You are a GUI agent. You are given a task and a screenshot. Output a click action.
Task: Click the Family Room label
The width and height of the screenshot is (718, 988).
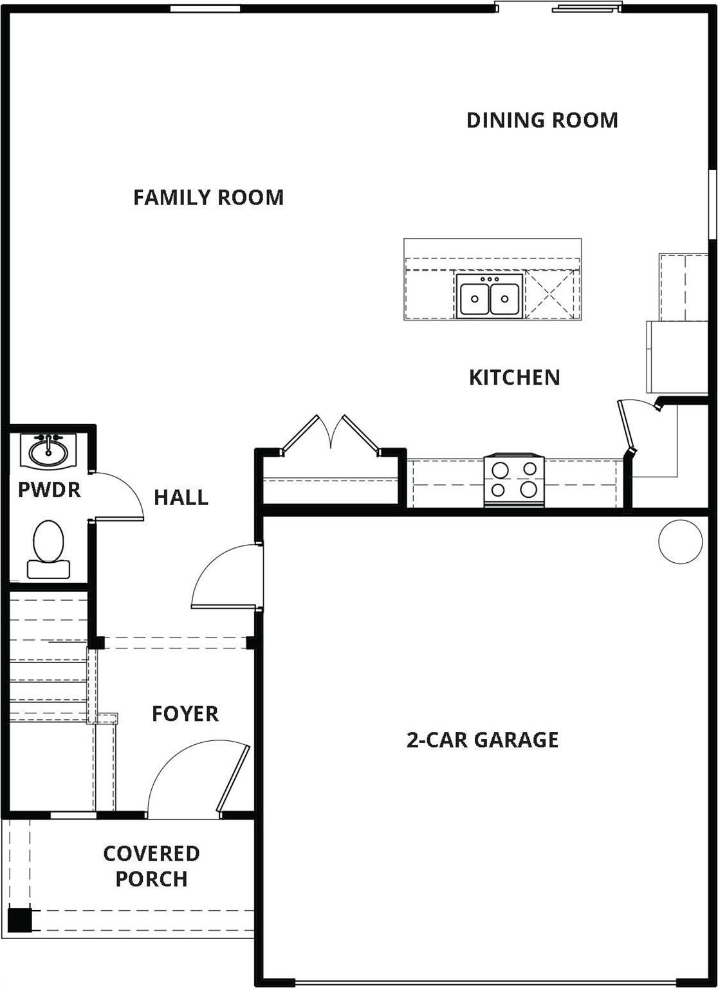208,197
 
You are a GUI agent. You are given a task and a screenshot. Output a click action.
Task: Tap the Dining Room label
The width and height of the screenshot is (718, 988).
542,120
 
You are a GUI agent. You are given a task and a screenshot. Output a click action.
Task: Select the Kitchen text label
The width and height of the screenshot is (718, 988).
514,377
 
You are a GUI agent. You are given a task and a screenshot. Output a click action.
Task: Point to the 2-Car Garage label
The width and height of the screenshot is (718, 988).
483,740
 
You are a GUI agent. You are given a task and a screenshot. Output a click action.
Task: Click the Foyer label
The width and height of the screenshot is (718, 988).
185,713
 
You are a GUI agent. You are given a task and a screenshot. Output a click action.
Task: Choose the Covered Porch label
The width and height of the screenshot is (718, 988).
152,866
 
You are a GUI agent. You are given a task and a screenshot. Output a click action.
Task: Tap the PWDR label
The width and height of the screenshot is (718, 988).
50,490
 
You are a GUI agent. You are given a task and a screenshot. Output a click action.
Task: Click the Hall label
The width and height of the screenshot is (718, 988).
181,497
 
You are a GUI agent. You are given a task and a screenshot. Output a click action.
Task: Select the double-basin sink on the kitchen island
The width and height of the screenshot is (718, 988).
490,297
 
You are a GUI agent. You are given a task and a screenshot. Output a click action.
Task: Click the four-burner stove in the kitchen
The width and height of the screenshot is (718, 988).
514,480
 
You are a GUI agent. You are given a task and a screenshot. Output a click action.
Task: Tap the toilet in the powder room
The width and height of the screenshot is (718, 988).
48,549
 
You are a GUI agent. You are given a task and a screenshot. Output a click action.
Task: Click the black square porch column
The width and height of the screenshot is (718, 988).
19,919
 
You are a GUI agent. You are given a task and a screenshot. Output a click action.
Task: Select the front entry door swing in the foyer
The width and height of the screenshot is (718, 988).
193,782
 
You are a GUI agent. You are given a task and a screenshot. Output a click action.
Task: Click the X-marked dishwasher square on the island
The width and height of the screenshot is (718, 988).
550,294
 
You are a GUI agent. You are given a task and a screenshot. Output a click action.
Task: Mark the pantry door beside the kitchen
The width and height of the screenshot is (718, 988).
627,426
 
